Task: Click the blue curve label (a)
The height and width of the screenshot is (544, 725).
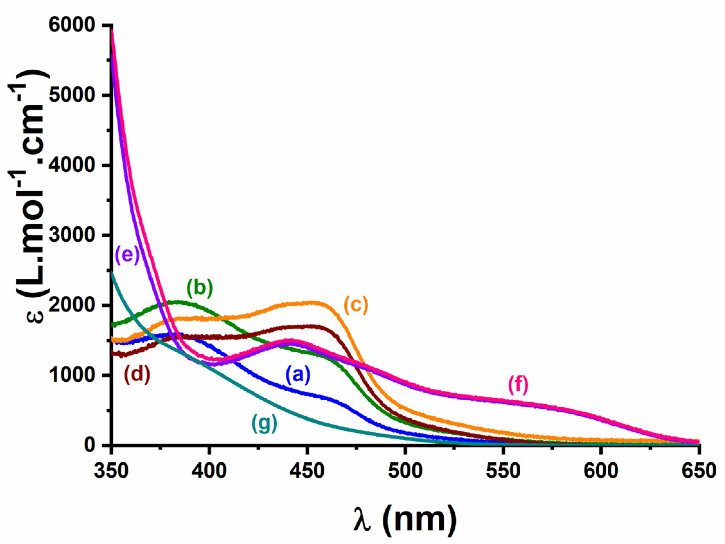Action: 298,375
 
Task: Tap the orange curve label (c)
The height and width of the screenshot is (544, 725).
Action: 356,304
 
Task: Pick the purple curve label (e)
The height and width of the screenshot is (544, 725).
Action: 128,254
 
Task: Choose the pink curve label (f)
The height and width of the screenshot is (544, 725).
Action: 518,385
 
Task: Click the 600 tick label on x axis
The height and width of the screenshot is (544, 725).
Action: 601,471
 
